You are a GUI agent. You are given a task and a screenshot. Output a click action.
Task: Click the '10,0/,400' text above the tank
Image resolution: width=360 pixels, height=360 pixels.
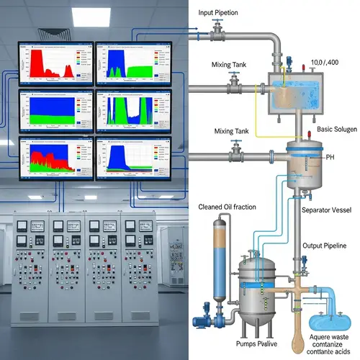pos(325,62)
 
